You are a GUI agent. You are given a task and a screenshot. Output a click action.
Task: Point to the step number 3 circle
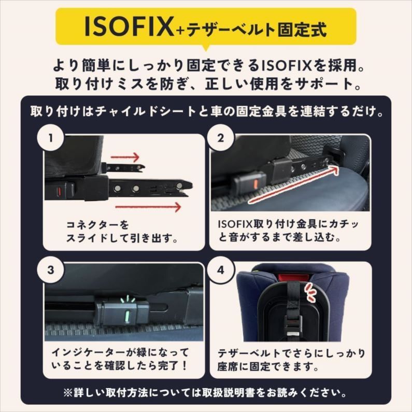pos(50,270)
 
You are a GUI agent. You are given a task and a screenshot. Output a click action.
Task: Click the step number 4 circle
pos(221,270)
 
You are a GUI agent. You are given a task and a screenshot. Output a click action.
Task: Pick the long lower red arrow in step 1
pos(148,207)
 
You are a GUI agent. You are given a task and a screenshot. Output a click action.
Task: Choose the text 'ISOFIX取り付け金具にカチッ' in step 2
pos(289,225)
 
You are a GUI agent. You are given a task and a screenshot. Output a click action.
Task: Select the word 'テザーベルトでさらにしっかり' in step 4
pos(291,353)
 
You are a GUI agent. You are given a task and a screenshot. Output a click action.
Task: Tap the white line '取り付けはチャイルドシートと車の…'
pos(206,111)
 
